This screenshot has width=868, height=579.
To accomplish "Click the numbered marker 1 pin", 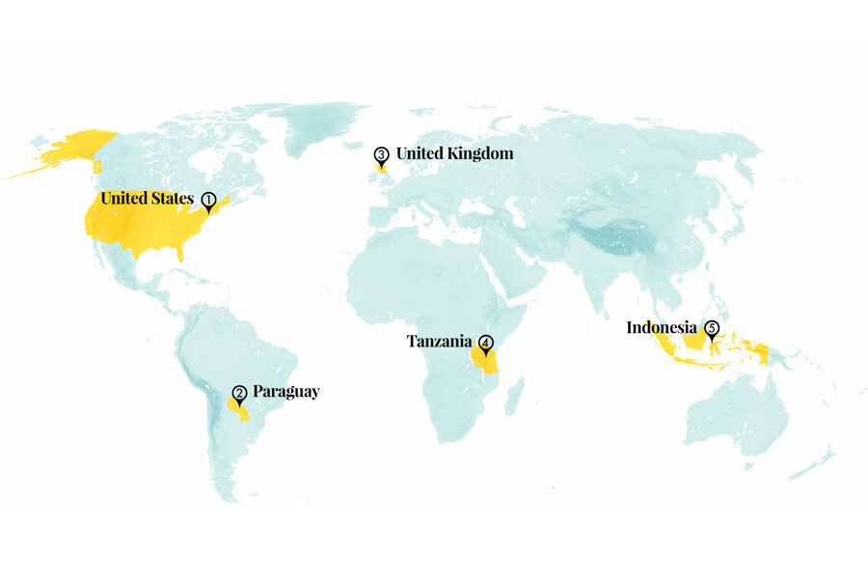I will (207, 200).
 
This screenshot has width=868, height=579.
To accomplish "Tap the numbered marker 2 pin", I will (239, 394).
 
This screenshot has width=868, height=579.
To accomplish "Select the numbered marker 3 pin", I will (381, 155).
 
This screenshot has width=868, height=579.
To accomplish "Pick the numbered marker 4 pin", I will (486, 343).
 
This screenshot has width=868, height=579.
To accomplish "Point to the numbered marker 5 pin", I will (712, 330).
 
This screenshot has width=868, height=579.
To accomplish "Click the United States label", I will (147, 199).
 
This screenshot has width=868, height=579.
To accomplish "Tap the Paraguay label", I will (285, 392).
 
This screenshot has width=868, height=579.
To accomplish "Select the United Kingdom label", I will (454, 153).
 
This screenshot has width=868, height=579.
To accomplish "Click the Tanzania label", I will (439, 341).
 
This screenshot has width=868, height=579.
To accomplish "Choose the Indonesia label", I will (662, 327).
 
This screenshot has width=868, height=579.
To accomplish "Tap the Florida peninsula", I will (181, 254).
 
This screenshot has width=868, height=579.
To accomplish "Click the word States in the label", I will (171, 199).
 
